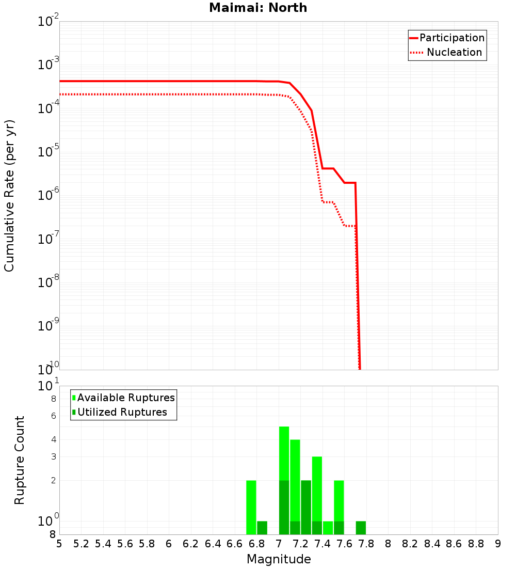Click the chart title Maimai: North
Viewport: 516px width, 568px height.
(258, 8)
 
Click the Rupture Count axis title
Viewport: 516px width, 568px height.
(20, 460)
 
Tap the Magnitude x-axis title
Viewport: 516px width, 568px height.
(279, 559)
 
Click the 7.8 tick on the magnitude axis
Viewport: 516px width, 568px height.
(366, 544)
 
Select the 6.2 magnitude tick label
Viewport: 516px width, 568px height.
(191, 544)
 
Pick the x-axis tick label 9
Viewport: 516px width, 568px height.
(498, 544)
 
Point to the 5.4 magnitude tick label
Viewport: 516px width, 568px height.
(103, 544)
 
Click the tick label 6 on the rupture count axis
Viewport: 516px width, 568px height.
(53, 416)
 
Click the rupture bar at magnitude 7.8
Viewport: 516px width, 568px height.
(361, 528)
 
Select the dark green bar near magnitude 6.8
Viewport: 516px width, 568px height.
(262, 528)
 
